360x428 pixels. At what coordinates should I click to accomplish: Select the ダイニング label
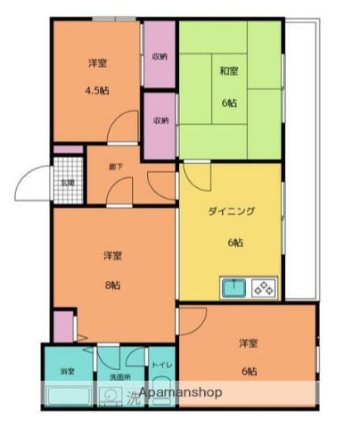[232, 211]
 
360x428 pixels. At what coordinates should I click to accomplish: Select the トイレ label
[161, 366]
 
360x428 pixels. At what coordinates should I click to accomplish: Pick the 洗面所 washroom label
[119, 378]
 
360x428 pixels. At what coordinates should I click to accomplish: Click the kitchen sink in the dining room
[234, 288]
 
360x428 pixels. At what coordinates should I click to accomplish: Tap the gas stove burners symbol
[265, 288]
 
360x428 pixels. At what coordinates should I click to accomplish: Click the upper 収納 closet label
[160, 56]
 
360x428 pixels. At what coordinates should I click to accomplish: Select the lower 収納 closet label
[160, 120]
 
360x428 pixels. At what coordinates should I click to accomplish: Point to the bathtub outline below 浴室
[66, 396]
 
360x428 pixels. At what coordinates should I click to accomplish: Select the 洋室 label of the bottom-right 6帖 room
[249, 343]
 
